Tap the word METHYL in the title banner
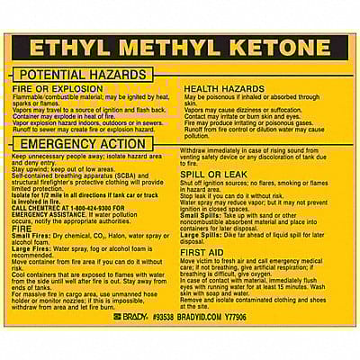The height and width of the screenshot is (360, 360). (166, 49)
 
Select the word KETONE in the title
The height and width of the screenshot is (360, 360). (274, 49)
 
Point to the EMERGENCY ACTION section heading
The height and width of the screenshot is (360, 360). (81, 144)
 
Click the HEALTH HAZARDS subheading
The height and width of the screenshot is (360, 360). (224, 89)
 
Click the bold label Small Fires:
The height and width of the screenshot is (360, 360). (31, 236)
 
